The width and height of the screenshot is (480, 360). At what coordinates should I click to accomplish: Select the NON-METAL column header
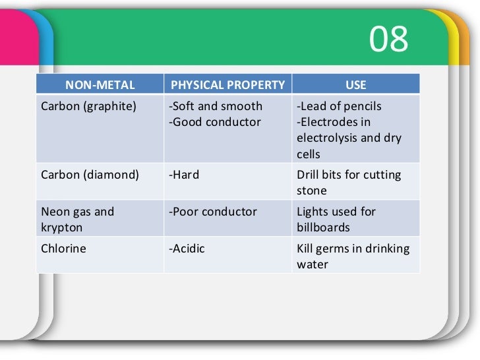[x=100, y=84]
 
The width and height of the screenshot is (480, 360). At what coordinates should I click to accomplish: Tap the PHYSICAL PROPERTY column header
[x=227, y=84]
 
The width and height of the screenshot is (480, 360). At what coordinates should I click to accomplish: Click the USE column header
[x=355, y=84]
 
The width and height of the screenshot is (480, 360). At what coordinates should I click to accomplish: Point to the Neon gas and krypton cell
[x=77, y=220]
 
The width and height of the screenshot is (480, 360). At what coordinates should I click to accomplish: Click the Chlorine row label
[x=63, y=249]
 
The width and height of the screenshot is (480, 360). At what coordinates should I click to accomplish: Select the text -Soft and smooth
[x=216, y=106]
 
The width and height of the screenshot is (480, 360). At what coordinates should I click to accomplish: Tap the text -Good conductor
[x=215, y=122]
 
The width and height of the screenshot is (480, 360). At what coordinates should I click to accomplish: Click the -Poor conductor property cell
[x=213, y=212]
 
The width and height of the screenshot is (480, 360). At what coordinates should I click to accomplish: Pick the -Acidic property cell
[x=187, y=249]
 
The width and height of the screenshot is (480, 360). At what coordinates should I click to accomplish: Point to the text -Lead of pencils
[x=340, y=106]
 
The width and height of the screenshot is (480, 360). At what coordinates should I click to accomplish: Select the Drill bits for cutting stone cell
[x=349, y=183]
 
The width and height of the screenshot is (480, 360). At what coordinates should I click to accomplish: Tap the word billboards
[x=323, y=227]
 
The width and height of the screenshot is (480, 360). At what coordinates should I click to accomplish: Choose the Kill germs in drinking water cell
[x=353, y=256]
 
